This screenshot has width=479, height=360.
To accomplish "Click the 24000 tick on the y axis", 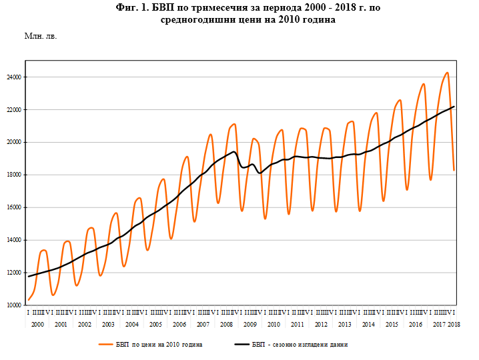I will click(14, 77).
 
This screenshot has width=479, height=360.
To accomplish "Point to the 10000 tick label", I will click(14, 305).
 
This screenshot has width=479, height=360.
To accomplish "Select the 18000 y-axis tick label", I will click(14, 175).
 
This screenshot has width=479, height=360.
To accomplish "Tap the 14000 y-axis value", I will click(14, 240).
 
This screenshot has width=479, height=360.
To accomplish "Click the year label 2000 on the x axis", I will click(37, 324).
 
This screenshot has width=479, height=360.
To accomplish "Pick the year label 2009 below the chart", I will click(250, 324).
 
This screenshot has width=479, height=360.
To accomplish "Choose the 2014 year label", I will click(368, 324).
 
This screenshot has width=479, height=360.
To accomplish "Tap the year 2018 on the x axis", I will click(454, 324).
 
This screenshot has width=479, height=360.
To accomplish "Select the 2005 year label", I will click(155, 324).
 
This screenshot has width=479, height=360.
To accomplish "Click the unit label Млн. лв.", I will click(41, 36).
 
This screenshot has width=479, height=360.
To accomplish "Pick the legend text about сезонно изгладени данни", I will click(300, 345).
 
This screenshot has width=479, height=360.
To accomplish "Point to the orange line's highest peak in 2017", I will click(447, 73).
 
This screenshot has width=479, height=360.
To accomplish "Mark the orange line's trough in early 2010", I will click(265, 218).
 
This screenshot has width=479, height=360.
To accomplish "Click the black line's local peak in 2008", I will click(234, 152).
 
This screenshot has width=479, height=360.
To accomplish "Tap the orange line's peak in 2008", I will click(234, 124).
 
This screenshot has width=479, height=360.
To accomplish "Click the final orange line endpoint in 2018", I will click(454, 170).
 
